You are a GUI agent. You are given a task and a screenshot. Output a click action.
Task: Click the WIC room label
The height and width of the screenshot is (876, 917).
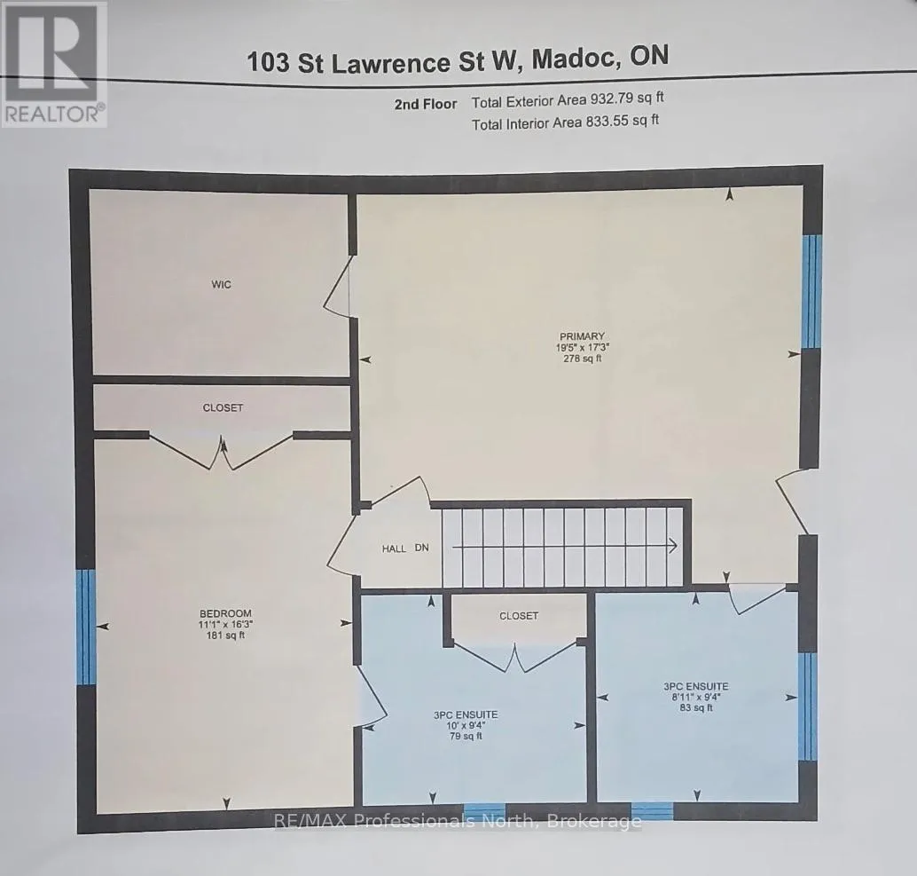(221, 284)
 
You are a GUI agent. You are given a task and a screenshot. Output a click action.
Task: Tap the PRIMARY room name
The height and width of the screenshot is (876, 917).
(581, 336)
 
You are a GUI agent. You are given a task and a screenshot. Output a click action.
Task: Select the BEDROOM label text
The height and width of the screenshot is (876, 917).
(226, 613)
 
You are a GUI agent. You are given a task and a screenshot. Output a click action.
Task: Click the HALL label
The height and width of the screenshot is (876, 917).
(394, 548)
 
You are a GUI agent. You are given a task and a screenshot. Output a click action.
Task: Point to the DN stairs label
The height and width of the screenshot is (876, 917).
(421, 548)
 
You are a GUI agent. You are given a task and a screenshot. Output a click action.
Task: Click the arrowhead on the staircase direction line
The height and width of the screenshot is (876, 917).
(673, 546)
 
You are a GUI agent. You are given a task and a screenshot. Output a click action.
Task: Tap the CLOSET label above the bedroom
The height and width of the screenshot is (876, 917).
(223, 408)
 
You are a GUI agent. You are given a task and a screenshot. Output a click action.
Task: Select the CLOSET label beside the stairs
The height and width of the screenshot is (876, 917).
(519, 616)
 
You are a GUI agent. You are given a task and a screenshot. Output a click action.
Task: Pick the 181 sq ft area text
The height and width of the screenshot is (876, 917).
(226, 635)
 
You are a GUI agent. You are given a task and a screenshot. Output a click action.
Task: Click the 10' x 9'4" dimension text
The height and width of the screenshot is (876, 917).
(466, 725)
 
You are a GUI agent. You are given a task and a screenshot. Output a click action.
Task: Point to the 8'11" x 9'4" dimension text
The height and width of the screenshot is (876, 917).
(696, 697)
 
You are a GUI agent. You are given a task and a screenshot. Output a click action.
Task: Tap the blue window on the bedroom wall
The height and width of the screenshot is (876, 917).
(86, 627)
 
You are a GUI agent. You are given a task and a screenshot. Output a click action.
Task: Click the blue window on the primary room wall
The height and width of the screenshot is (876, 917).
(811, 292)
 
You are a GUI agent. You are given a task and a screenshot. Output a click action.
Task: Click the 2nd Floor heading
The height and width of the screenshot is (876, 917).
(426, 104)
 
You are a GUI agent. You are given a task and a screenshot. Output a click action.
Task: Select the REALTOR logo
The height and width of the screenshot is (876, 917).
(53, 64)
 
